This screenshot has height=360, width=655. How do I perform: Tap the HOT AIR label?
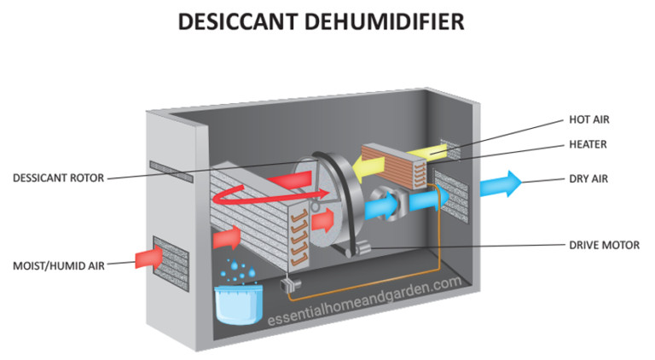pyautogui.click(x=589, y=120)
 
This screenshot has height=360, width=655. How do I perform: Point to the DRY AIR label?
pyautogui.click(x=588, y=179)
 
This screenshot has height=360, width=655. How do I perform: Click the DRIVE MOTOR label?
pyautogui.click(x=601, y=244)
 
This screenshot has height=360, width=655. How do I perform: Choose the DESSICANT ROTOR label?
pyautogui.click(x=59, y=178)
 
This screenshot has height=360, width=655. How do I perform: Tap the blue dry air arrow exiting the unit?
pyautogui.click(x=500, y=184)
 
